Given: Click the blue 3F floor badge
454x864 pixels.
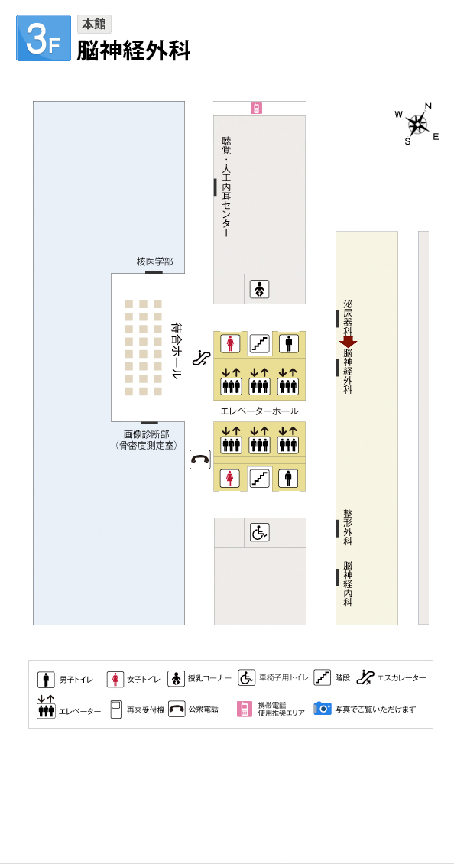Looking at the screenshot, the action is pyautogui.click(x=44, y=37).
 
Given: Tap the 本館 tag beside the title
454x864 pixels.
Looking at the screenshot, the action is pyautogui.click(x=94, y=24).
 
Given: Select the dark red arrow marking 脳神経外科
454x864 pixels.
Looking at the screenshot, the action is pyautogui.click(x=349, y=342).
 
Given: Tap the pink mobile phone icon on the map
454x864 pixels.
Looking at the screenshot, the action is pyautogui.click(x=256, y=109).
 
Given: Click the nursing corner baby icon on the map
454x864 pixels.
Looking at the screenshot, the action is pyautogui.click(x=259, y=289).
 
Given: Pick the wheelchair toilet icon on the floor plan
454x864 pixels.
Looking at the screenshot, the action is pyautogui.click(x=260, y=532).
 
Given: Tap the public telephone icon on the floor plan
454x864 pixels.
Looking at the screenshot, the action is pyautogui.click(x=200, y=459).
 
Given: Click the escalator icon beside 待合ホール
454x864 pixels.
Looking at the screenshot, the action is pyautogui.click(x=200, y=358).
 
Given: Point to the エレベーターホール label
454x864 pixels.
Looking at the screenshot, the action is pyautogui.click(x=260, y=411).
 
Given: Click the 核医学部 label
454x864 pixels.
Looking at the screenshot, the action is pyautogui.click(x=155, y=261).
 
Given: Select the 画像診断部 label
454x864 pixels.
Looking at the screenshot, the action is pyautogui.click(x=147, y=434).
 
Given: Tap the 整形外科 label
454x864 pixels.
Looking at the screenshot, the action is pyautogui.click(x=348, y=528).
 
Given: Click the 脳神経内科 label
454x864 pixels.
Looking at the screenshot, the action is pyautogui.click(x=348, y=584).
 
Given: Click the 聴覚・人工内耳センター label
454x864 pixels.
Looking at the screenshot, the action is pyautogui.click(x=225, y=187).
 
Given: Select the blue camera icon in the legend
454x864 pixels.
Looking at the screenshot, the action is pyautogui.click(x=323, y=708).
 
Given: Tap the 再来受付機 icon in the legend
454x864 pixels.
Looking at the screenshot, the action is pyautogui.click(x=115, y=710).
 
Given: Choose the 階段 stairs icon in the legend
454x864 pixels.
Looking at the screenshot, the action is pyautogui.click(x=323, y=677).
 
